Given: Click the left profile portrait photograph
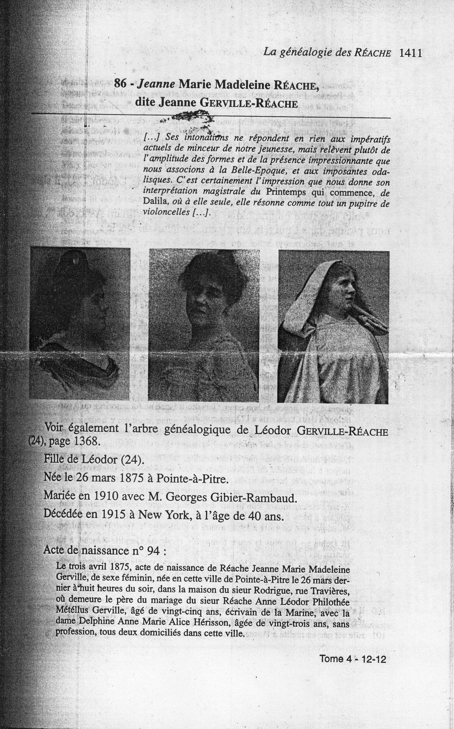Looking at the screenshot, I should tap(80, 323).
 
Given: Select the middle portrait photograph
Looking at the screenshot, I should tap(204, 324).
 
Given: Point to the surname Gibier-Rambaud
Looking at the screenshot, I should tap(252, 496).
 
